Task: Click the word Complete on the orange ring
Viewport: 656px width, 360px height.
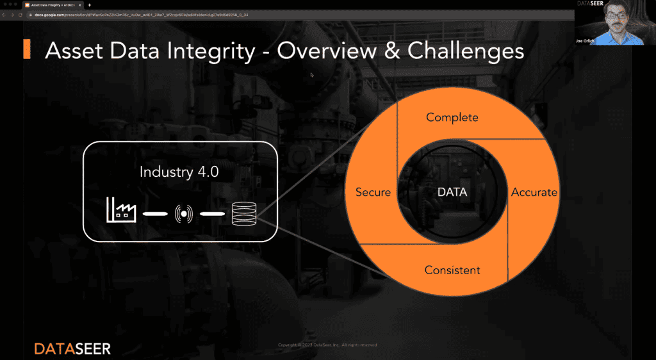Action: click(452, 117)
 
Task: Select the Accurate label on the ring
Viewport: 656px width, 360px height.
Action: click(534, 192)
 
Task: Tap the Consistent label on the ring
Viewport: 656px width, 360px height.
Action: click(452, 270)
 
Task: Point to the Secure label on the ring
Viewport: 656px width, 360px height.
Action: click(373, 192)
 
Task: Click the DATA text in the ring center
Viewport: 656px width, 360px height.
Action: click(452, 192)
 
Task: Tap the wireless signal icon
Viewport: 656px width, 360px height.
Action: click(184, 212)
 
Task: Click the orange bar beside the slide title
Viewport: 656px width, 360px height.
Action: click(27, 49)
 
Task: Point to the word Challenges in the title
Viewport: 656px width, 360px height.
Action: click(466, 51)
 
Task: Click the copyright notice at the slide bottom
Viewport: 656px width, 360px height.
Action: click(327, 345)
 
